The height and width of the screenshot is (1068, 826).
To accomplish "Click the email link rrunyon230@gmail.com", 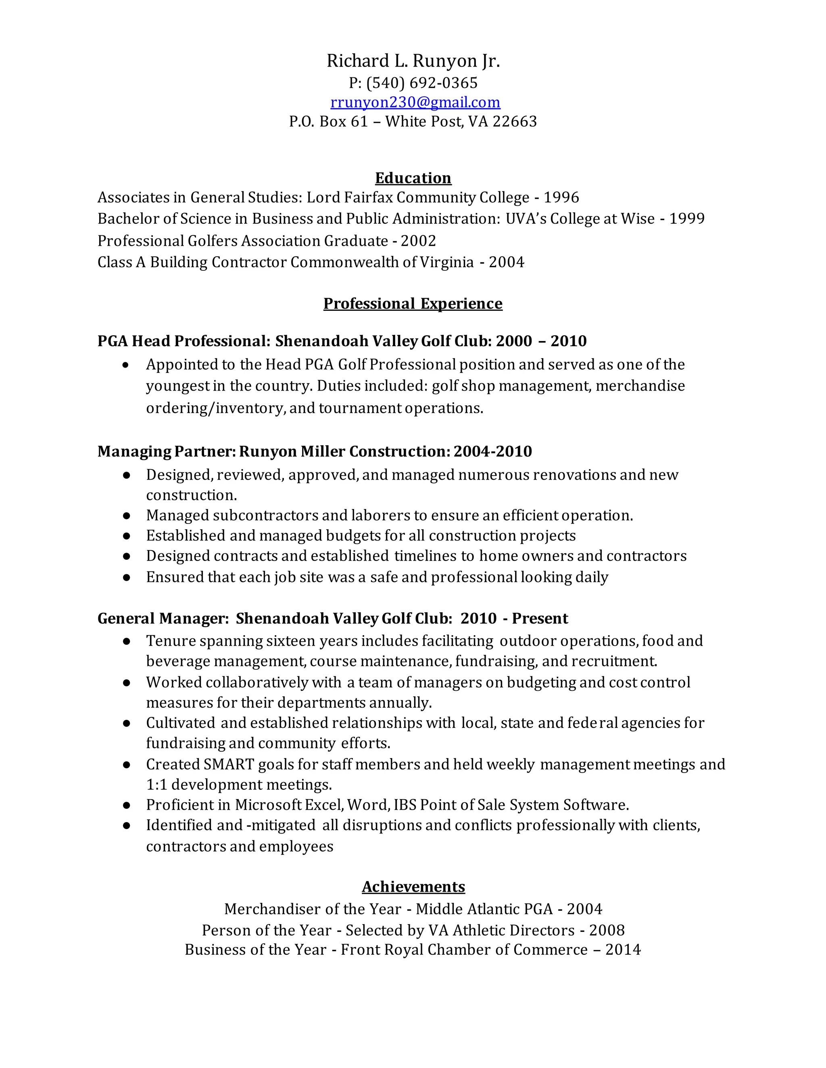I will coord(415,102).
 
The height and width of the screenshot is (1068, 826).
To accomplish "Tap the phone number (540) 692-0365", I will coord(421,83).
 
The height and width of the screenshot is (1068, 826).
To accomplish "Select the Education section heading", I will coord(413,178).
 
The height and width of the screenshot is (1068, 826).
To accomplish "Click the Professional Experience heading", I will coord(413,304).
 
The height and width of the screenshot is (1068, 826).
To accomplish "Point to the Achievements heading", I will coord(413,887).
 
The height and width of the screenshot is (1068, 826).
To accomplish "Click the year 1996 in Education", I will coord(561,197).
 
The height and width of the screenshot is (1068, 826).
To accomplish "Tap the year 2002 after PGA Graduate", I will coord(418,241).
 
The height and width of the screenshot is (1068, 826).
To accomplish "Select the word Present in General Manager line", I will coord(540,619).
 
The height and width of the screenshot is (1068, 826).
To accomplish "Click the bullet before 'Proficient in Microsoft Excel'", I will coord(127,805).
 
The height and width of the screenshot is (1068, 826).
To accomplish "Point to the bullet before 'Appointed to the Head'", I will coord(126,365).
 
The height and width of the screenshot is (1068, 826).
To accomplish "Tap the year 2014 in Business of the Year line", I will coord(623,950).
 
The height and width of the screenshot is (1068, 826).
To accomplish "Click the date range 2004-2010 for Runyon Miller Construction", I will coord(492,451).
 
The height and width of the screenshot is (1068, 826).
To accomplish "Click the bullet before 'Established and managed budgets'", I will coord(127,536).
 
